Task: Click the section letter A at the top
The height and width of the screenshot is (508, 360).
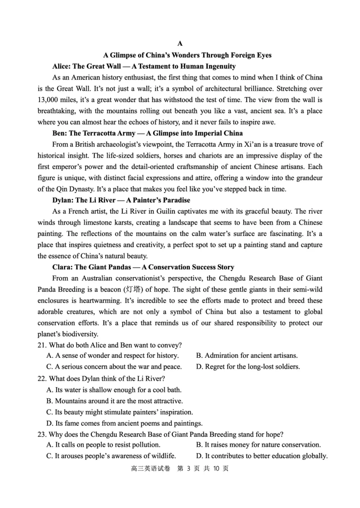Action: pos(180,44)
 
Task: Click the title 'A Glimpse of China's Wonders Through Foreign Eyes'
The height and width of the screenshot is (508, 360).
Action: pos(187,55)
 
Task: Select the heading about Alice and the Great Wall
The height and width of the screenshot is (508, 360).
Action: pos(144,67)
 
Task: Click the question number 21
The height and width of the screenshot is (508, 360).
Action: pos(42,345)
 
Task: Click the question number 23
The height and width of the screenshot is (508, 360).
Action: pos(42,434)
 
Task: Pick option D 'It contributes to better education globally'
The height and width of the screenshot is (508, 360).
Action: pos(261,456)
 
